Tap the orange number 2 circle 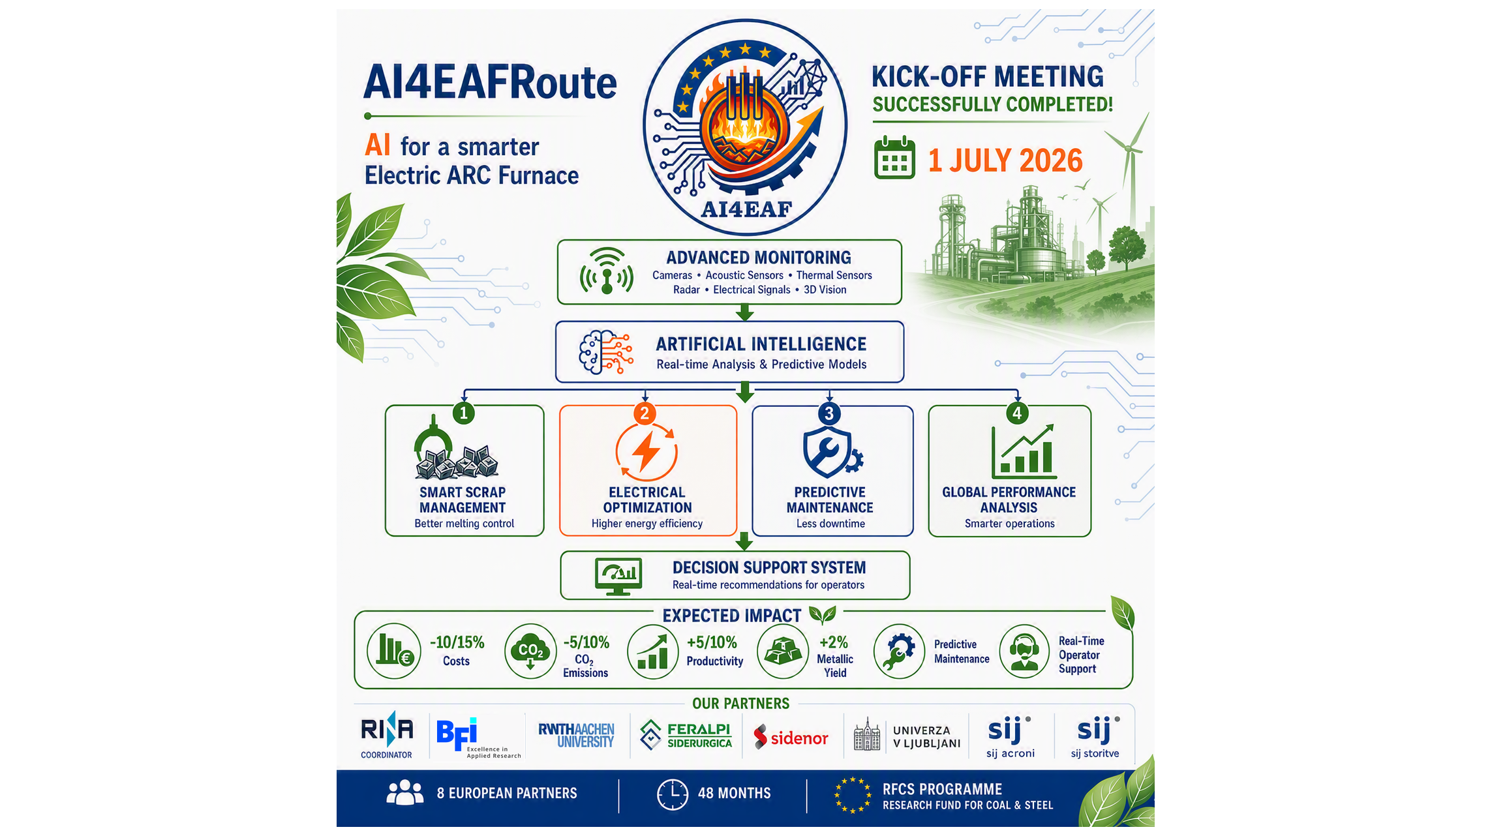coord(645,413)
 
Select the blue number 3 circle coord(829,413)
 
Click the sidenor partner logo coord(791,738)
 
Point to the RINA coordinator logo coord(387,735)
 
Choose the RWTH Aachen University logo coord(576,735)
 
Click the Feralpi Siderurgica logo coord(686,735)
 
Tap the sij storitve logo coord(1095,738)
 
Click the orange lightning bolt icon coord(646,451)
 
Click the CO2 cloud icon coord(530,651)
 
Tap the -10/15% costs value coord(457,642)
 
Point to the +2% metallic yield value coord(834,642)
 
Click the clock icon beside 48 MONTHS coord(672,794)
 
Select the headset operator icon coord(1024,651)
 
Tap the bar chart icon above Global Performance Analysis coord(1023,451)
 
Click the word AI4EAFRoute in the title coord(490,83)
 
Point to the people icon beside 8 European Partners coord(405,792)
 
